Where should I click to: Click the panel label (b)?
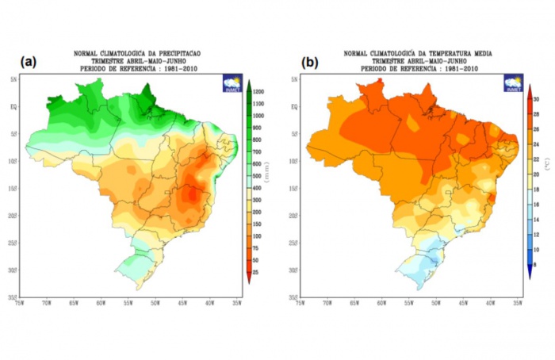pos(310,62)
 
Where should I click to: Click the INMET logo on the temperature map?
pos(513,83)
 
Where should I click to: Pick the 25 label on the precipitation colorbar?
pos(258,271)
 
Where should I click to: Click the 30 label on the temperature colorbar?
pos(537,99)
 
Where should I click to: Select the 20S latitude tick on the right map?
pos(294,215)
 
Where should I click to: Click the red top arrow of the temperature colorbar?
pos(529,89)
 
